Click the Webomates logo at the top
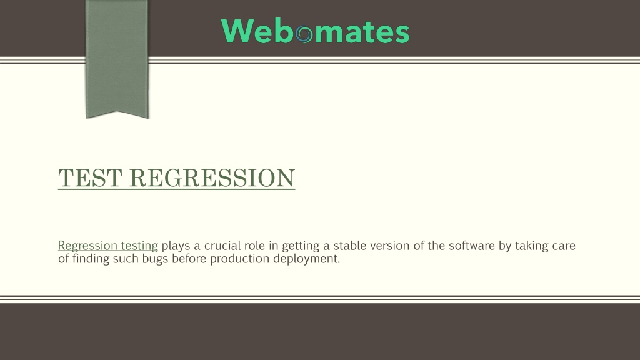[x=315, y=31]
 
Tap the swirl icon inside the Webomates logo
[x=304, y=34]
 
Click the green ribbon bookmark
[x=117, y=59]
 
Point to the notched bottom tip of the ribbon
[x=117, y=111]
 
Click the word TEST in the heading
[x=90, y=178]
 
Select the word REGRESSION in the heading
[x=212, y=178]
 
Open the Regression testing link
[x=107, y=246]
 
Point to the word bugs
[x=155, y=259]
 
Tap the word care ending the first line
[x=564, y=246]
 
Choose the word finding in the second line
[x=91, y=259]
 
